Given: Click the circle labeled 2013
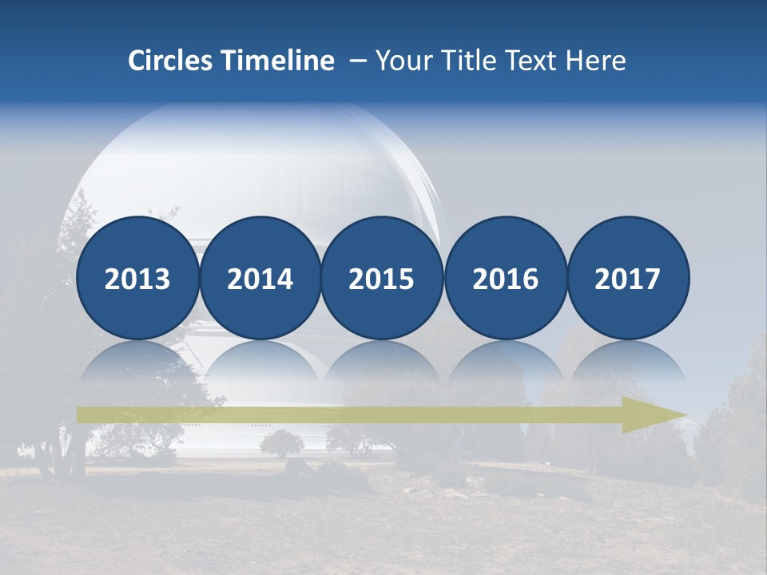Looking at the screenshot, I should pos(137,278).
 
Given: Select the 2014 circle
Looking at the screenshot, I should pos(260,278).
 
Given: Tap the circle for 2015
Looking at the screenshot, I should pos(382,278).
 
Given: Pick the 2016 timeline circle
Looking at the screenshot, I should pos(505,278).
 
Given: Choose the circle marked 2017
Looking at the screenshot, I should pos(627,278).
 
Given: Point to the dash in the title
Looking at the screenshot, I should pos(358,61).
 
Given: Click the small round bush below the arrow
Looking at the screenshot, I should pos(281,442).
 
